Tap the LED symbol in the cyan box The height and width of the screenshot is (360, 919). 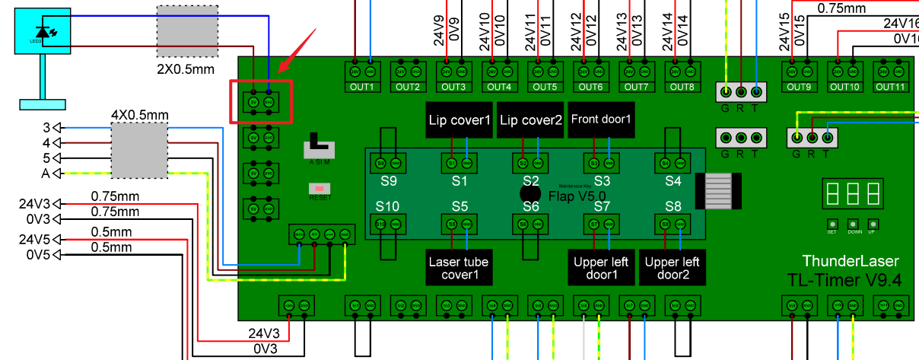tap(43, 32)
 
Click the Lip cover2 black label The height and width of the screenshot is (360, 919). tap(530, 120)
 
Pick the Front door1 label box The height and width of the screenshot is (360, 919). tap(602, 119)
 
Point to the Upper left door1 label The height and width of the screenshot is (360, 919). tap(602, 268)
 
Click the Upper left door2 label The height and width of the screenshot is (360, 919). tap(672, 268)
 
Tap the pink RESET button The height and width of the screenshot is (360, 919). tap(320, 188)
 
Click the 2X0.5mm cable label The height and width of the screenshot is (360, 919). tap(186, 69)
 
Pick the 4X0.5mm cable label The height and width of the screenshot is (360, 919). tap(139, 116)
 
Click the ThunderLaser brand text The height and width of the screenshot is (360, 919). tap(851, 261)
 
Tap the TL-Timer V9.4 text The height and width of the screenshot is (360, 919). tap(844, 280)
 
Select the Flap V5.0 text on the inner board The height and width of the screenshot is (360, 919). tap(577, 197)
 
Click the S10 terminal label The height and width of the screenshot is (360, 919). tap(387, 206)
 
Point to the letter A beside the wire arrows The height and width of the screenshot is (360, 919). tap(45, 174)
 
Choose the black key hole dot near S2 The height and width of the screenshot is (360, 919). tap(530, 193)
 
